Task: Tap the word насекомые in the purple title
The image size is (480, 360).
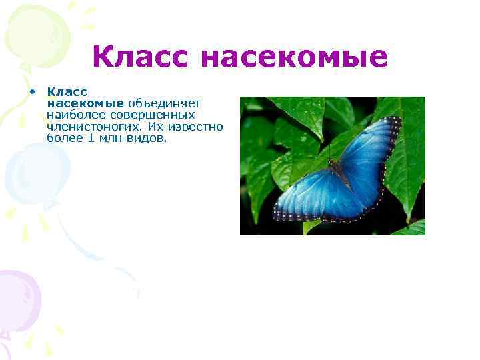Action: click(x=293, y=57)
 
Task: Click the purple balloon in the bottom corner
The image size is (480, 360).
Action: click(x=17, y=293)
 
